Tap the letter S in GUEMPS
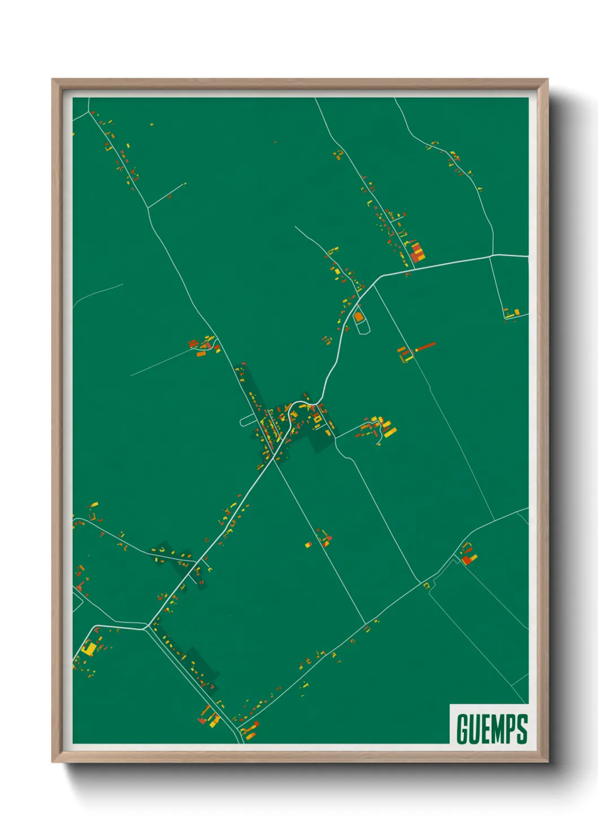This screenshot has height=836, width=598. click(522, 729)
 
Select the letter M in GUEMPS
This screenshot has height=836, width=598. click(492, 729)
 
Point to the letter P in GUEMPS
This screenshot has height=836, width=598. click(508, 729)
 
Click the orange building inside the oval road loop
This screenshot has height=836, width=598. click(358, 316)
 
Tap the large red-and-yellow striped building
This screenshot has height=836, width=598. click(418, 252)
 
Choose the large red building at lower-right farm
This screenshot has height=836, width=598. click(466, 560)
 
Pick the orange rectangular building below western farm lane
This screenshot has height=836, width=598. click(201, 354)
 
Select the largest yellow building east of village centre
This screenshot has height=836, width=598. click(389, 432)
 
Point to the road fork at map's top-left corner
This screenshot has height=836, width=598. click(89, 112)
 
